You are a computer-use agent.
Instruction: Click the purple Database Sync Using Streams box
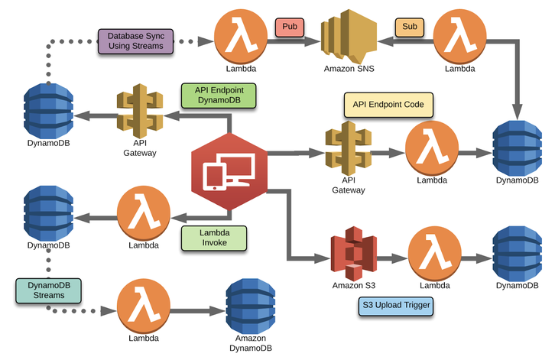tap(136, 41)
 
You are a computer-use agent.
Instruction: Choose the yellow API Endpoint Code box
tap(388, 104)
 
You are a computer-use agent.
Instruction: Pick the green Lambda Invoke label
tap(214, 238)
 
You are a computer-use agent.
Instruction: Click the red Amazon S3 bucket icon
tap(353, 253)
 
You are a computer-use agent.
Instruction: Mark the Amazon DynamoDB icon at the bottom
tap(252, 306)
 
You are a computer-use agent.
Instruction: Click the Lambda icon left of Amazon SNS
tap(239, 34)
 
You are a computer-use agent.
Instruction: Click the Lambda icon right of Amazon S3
tap(433, 253)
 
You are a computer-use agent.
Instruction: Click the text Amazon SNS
tap(349, 69)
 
